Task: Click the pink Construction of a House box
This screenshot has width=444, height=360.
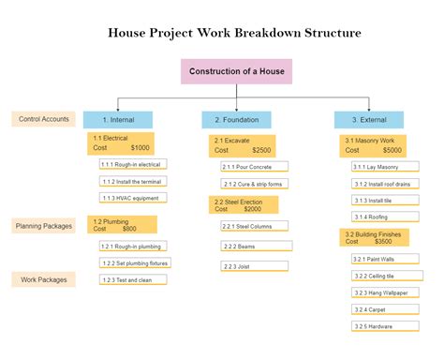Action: (236, 72)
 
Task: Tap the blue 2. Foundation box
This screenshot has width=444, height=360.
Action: (236, 120)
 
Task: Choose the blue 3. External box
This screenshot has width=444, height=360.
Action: (368, 120)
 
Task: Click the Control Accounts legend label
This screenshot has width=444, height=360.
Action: (43, 119)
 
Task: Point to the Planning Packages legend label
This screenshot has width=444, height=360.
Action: (43, 226)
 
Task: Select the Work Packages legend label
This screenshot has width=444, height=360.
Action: (43, 279)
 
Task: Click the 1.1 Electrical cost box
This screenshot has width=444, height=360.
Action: (122, 143)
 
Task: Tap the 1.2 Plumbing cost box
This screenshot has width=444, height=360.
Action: (122, 225)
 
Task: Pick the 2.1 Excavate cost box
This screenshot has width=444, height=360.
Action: (242, 144)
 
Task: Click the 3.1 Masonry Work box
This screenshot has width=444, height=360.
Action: (372, 144)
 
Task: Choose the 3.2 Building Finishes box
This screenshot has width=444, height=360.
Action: (372, 236)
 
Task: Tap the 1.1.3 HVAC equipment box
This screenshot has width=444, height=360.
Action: (132, 198)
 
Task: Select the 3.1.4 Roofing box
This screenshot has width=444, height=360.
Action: (383, 217)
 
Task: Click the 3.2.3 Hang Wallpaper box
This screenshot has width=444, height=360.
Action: (383, 292)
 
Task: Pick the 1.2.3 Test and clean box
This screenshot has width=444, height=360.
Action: (132, 279)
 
